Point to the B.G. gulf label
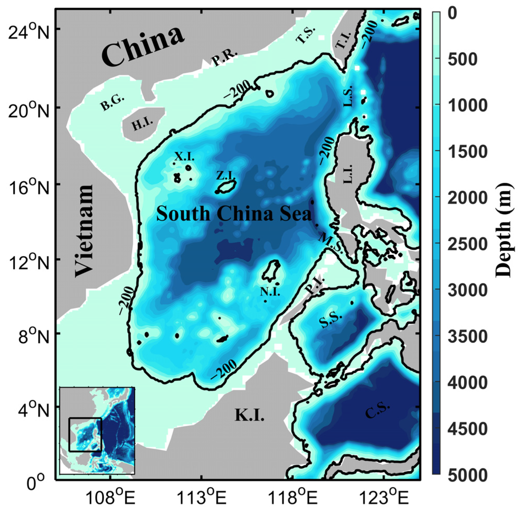click(113, 103)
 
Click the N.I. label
click(270, 292)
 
